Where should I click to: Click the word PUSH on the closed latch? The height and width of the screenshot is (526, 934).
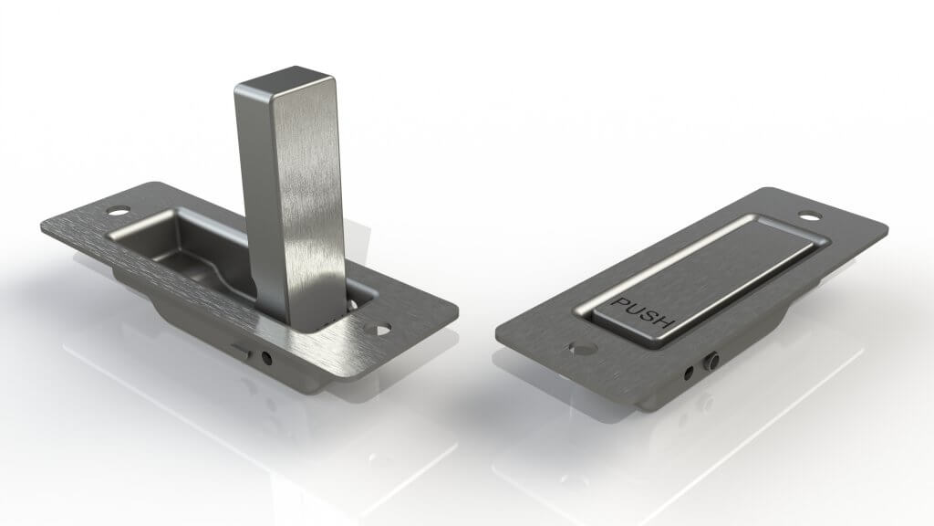[x=643, y=311]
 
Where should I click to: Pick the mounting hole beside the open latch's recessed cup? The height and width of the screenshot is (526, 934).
[x=117, y=210]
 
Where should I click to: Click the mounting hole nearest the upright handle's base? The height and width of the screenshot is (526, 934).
[x=380, y=327]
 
